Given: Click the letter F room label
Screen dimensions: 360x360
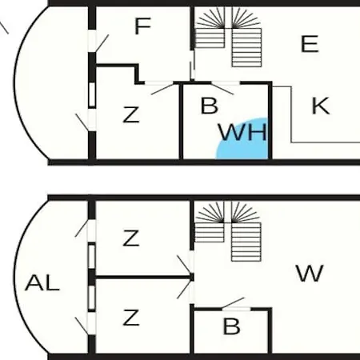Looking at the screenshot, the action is [143, 26].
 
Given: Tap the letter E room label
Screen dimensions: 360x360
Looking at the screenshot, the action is [310, 43].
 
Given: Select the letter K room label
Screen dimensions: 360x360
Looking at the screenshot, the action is [321, 106].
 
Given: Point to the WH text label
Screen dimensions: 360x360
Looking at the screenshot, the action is [242, 132].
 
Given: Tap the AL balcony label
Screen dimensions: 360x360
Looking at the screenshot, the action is [42, 282].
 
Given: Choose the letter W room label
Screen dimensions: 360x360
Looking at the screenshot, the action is [310, 273].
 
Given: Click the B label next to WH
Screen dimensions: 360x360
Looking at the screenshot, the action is [210, 106].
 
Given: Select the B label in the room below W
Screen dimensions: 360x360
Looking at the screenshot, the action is [231, 326].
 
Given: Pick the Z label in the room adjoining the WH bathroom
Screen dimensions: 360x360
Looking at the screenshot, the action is [131, 114].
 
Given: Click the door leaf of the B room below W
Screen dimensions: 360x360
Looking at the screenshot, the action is [233, 303].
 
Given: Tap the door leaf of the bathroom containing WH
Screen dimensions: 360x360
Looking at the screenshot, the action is [222, 89].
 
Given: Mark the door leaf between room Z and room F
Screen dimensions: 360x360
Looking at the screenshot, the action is [162, 89].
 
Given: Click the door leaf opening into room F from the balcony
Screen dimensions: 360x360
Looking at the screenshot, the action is [102, 43].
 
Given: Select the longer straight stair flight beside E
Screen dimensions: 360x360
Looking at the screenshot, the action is [246, 47].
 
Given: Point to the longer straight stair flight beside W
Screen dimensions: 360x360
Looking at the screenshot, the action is [246, 242].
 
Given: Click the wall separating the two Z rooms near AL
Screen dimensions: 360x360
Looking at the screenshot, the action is [145, 278].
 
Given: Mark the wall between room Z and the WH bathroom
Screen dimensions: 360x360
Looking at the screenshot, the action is [181, 122].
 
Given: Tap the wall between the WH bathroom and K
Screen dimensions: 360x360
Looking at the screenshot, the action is [270, 122].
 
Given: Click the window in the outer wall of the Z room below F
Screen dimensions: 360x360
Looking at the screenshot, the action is [92, 95].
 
